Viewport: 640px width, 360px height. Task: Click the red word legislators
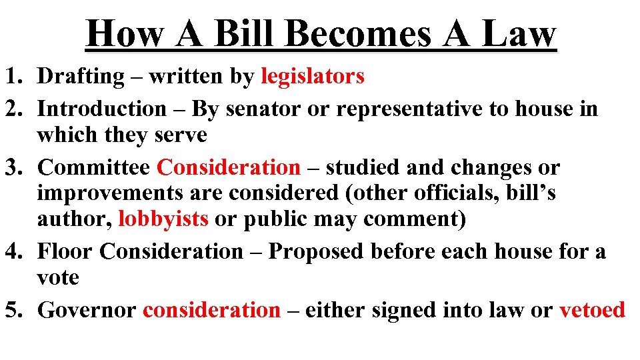click(x=313, y=77)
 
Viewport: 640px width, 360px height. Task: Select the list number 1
click(x=15, y=77)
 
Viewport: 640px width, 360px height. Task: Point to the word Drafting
click(x=80, y=77)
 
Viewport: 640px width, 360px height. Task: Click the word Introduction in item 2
click(x=101, y=109)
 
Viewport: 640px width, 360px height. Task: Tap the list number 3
click(x=15, y=167)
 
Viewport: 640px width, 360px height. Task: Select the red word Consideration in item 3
click(x=228, y=167)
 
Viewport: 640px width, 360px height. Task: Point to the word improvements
click(x=107, y=193)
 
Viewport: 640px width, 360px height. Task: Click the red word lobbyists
click(x=163, y=219)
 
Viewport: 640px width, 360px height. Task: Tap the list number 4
click(x=15, y=252)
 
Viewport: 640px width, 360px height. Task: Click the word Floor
click(x=65, y=252)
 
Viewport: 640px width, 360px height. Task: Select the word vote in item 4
click(x=58, y=277)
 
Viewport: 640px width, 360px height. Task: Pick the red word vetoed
click(x=592, y=310)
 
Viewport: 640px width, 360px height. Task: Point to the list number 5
click(x=15, y=310)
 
